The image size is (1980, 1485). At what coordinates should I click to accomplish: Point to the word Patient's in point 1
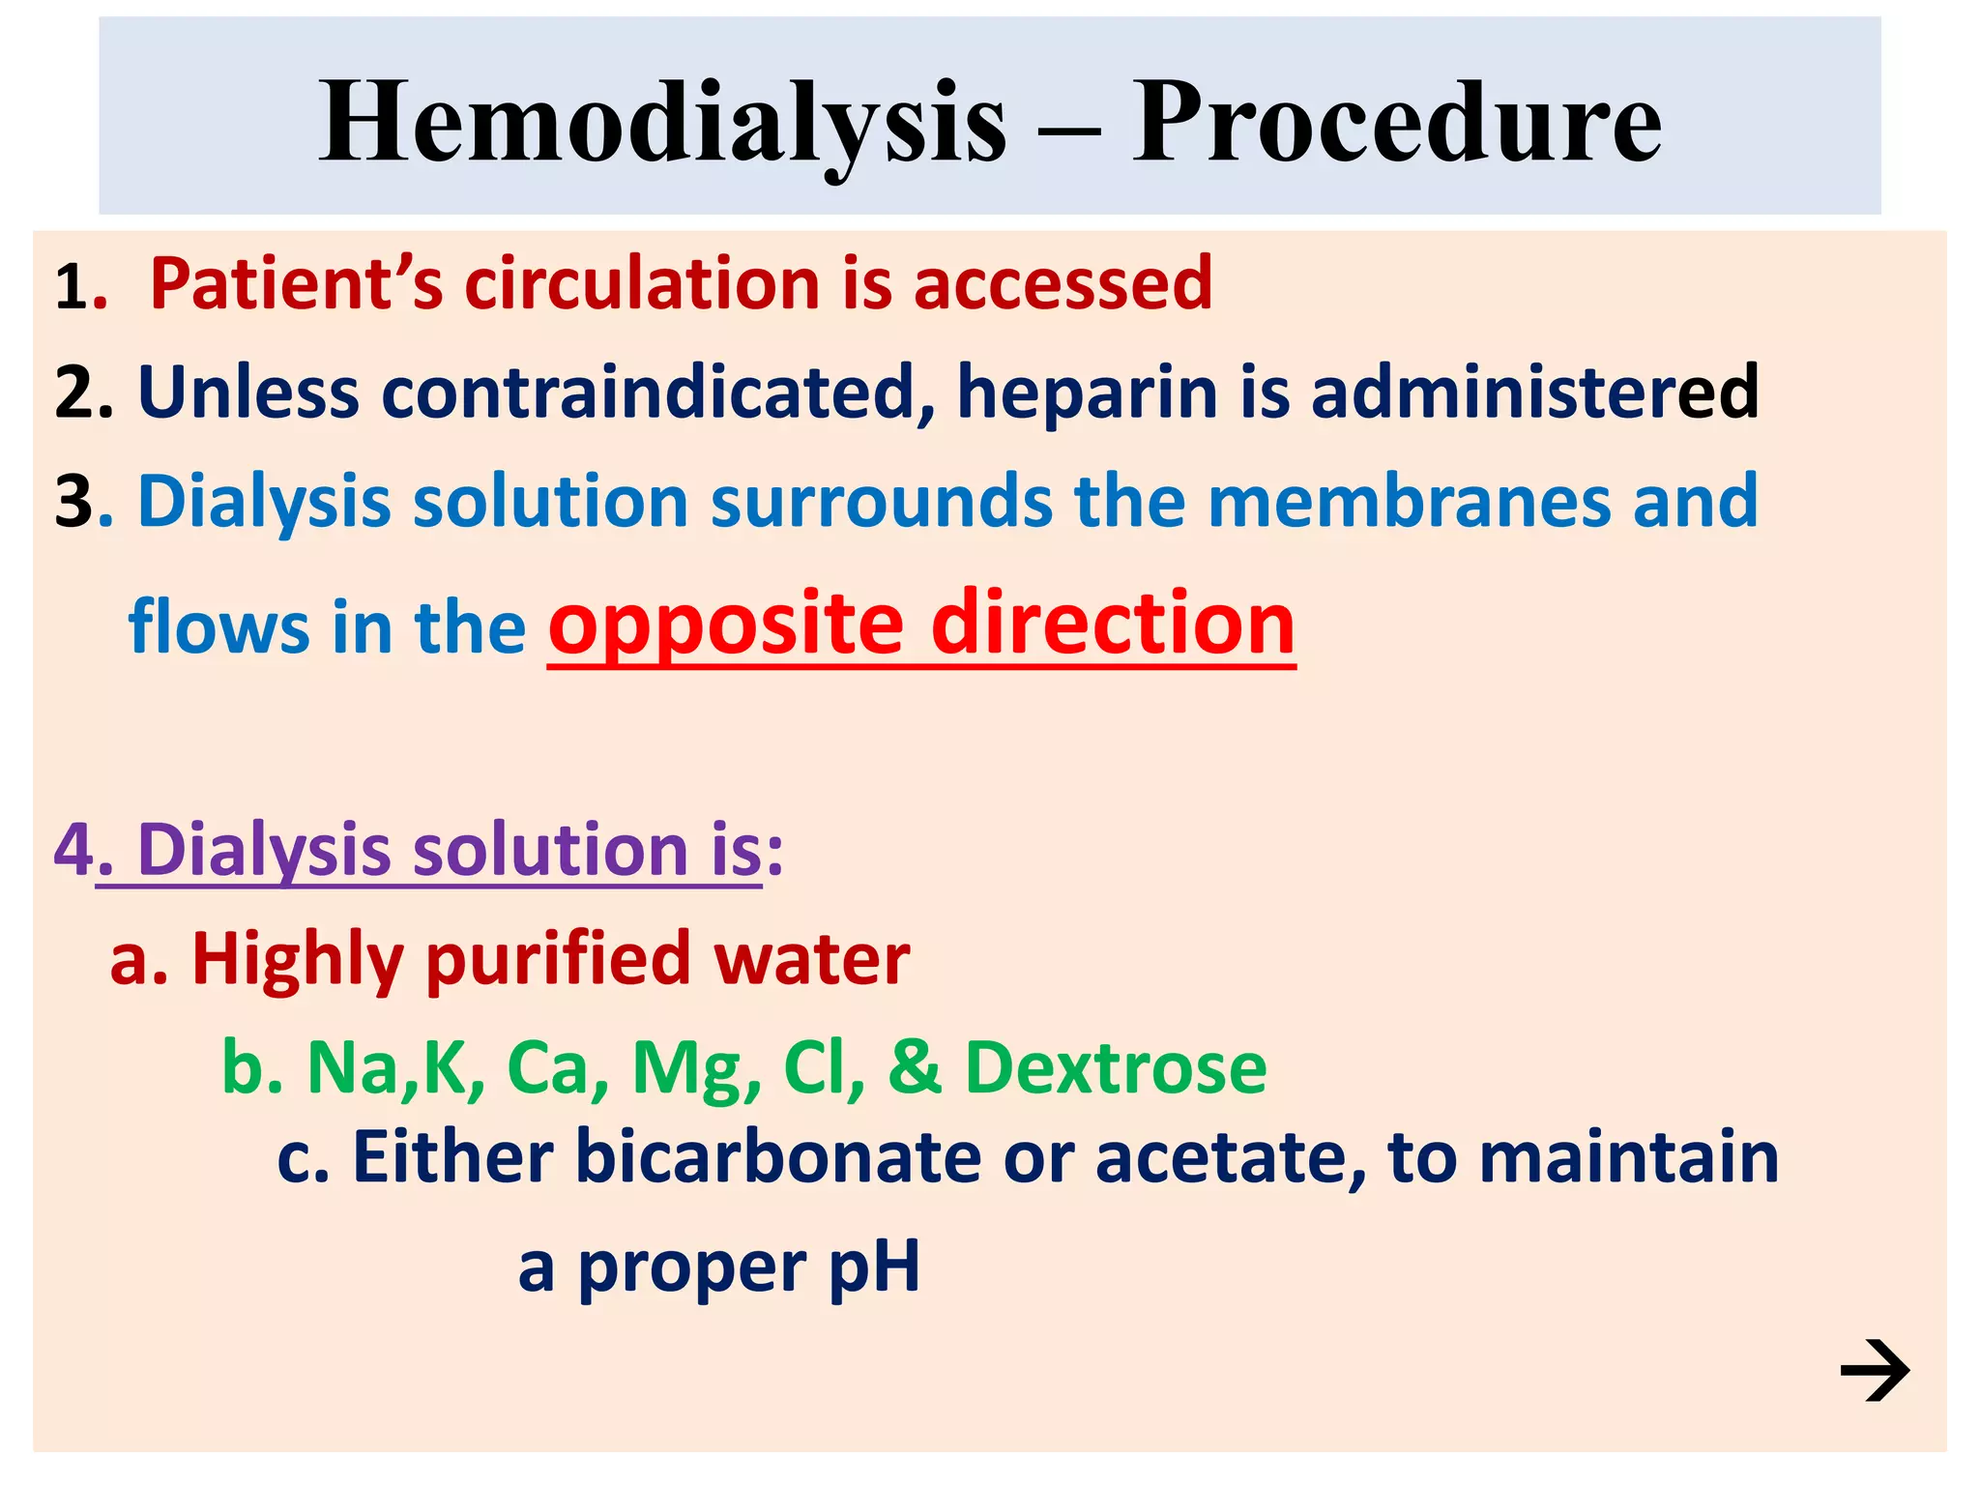point(296,284)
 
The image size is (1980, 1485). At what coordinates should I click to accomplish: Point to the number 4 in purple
point(73,850)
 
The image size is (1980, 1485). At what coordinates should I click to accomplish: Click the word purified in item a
point(558,960)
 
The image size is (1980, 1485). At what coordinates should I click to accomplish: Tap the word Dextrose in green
point(1116,1068)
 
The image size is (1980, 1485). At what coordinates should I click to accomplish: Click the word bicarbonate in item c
point(778,1157)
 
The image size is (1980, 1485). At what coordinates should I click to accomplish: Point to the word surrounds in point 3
point(881,502)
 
